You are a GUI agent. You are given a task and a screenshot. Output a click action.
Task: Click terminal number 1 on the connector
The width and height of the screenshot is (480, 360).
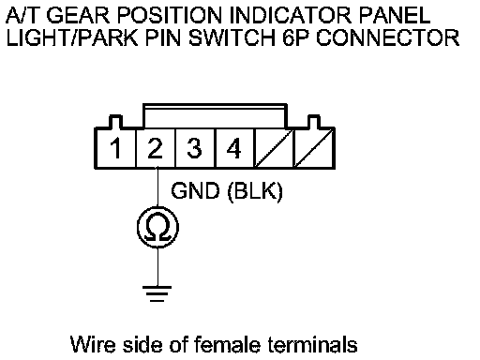(116, 148)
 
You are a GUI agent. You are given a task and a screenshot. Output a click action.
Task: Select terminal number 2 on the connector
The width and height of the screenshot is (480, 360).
(156, 148)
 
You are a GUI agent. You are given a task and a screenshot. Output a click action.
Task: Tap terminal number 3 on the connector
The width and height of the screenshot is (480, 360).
(194, 148)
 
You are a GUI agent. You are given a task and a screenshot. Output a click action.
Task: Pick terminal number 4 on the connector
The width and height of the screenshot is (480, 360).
(233, 148)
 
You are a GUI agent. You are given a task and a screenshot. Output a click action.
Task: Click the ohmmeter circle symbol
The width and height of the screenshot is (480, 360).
(157, 227)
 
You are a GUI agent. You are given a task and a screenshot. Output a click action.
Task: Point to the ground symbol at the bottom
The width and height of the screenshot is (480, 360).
(157, 293)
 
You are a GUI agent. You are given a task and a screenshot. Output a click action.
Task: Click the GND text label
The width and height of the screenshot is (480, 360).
(195, 190)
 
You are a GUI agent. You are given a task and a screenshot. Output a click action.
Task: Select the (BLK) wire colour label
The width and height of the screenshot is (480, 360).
(255, 191)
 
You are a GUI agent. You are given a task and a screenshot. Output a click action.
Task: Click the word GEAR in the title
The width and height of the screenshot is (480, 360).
(78, 15)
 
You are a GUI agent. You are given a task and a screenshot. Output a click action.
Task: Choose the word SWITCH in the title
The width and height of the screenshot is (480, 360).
(232, 37)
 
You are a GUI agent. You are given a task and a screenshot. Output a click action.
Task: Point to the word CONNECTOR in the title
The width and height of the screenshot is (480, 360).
(388, 37)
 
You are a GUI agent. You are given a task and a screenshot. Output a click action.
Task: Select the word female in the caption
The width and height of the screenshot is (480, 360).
(227, 345)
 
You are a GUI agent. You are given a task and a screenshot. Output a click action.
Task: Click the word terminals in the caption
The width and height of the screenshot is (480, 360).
(313, 345)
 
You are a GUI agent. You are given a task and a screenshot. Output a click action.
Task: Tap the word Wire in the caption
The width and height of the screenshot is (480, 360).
(93, 345)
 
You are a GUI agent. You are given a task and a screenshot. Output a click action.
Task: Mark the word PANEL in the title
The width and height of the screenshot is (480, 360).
(395, 15)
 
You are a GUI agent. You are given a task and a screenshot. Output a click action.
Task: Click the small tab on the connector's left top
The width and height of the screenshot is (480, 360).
(115, 122)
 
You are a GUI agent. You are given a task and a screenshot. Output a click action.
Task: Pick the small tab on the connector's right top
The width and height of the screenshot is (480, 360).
(314, 122)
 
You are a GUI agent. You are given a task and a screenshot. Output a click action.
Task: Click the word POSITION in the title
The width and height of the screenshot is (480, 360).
(170, 15)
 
